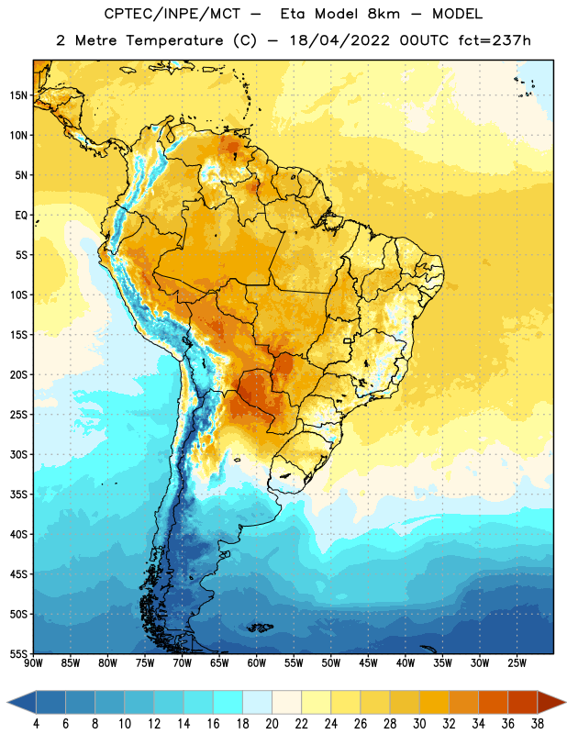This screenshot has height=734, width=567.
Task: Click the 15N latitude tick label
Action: click(x=18, y=95)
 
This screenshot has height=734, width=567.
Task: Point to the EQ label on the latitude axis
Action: click(x=21, y=216)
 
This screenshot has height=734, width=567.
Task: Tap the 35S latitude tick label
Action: click(x=18, y=495)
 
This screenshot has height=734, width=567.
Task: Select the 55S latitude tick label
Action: click(x=18, y=653)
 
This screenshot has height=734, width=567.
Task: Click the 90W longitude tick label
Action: click(x=33, y=663)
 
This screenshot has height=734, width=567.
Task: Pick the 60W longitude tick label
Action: click(x=257, y=663)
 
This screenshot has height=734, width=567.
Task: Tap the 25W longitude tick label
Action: click(x=517, y=663)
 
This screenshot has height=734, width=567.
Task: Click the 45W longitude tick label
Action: click(x=368, y=663)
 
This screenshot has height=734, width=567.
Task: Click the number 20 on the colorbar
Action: click(x=272, y=724)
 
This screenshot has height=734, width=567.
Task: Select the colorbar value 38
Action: click(x=538, y=724)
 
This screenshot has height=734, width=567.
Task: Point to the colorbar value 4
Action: click(x=36, y=724)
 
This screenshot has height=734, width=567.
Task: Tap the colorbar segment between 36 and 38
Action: click(x=523, y=702)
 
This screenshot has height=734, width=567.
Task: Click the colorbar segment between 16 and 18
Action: click(x=228, y=702)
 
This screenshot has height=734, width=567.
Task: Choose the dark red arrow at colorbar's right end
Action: click(x=551, y=702)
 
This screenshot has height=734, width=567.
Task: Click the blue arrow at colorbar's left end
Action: click(x=21, y=702)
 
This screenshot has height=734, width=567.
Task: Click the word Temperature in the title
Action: click(x=174, y=40)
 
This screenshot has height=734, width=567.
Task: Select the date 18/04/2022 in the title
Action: click(x=339, y=40)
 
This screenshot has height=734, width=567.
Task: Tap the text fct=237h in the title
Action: click(x=495, y=40)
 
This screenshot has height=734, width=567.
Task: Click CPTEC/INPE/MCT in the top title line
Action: click(x=172, y=14)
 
